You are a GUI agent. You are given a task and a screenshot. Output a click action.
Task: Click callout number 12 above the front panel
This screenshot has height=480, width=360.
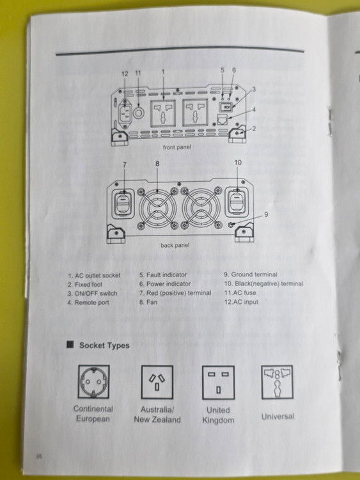[x=125, y=74]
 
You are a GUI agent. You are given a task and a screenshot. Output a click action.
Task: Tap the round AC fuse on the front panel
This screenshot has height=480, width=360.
[x=138, y=113]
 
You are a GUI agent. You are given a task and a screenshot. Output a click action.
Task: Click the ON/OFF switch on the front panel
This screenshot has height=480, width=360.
[x=226, y=107]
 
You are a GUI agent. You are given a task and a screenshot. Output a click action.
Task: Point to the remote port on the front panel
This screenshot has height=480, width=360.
[x=222, y=120]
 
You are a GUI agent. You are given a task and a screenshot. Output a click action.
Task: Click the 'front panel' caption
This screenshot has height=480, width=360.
[x=176, y=147]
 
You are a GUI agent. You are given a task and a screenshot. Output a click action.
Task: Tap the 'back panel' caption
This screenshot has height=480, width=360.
[x=175, y=245]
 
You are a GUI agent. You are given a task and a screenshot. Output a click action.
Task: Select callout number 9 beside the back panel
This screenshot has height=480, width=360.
[x=266, y=214]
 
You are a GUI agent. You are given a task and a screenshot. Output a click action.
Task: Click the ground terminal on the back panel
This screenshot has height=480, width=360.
[x=231, y=225]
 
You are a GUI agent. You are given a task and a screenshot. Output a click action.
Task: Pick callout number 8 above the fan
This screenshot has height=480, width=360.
[x=157, y=164]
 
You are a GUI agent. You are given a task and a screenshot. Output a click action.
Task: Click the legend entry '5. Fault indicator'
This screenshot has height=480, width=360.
[x=163, y=275]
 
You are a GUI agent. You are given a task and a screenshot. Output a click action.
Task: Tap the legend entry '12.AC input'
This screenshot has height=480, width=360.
[x=241, y=302]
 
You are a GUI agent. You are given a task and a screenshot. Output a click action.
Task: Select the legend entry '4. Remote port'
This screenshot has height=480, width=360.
[x=88, y=303]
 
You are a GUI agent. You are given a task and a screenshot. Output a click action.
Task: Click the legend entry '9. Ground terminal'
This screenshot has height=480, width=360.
[x=251, y=275]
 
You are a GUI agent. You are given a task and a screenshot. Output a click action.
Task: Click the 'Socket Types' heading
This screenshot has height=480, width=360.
[x=104, y=346]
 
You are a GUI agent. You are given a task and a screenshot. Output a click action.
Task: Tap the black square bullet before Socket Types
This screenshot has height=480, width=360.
[x=70, y=345]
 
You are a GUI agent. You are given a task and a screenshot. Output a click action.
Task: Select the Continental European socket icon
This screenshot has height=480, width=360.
[x=93, y=381]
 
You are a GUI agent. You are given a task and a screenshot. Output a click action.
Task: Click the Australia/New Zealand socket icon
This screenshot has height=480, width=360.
[x=157, y=382]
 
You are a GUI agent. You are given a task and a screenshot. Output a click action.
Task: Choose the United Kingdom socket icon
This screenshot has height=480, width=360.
[x=219, y=382]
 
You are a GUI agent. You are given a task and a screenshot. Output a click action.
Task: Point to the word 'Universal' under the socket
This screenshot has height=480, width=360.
[x=278, y=417]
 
